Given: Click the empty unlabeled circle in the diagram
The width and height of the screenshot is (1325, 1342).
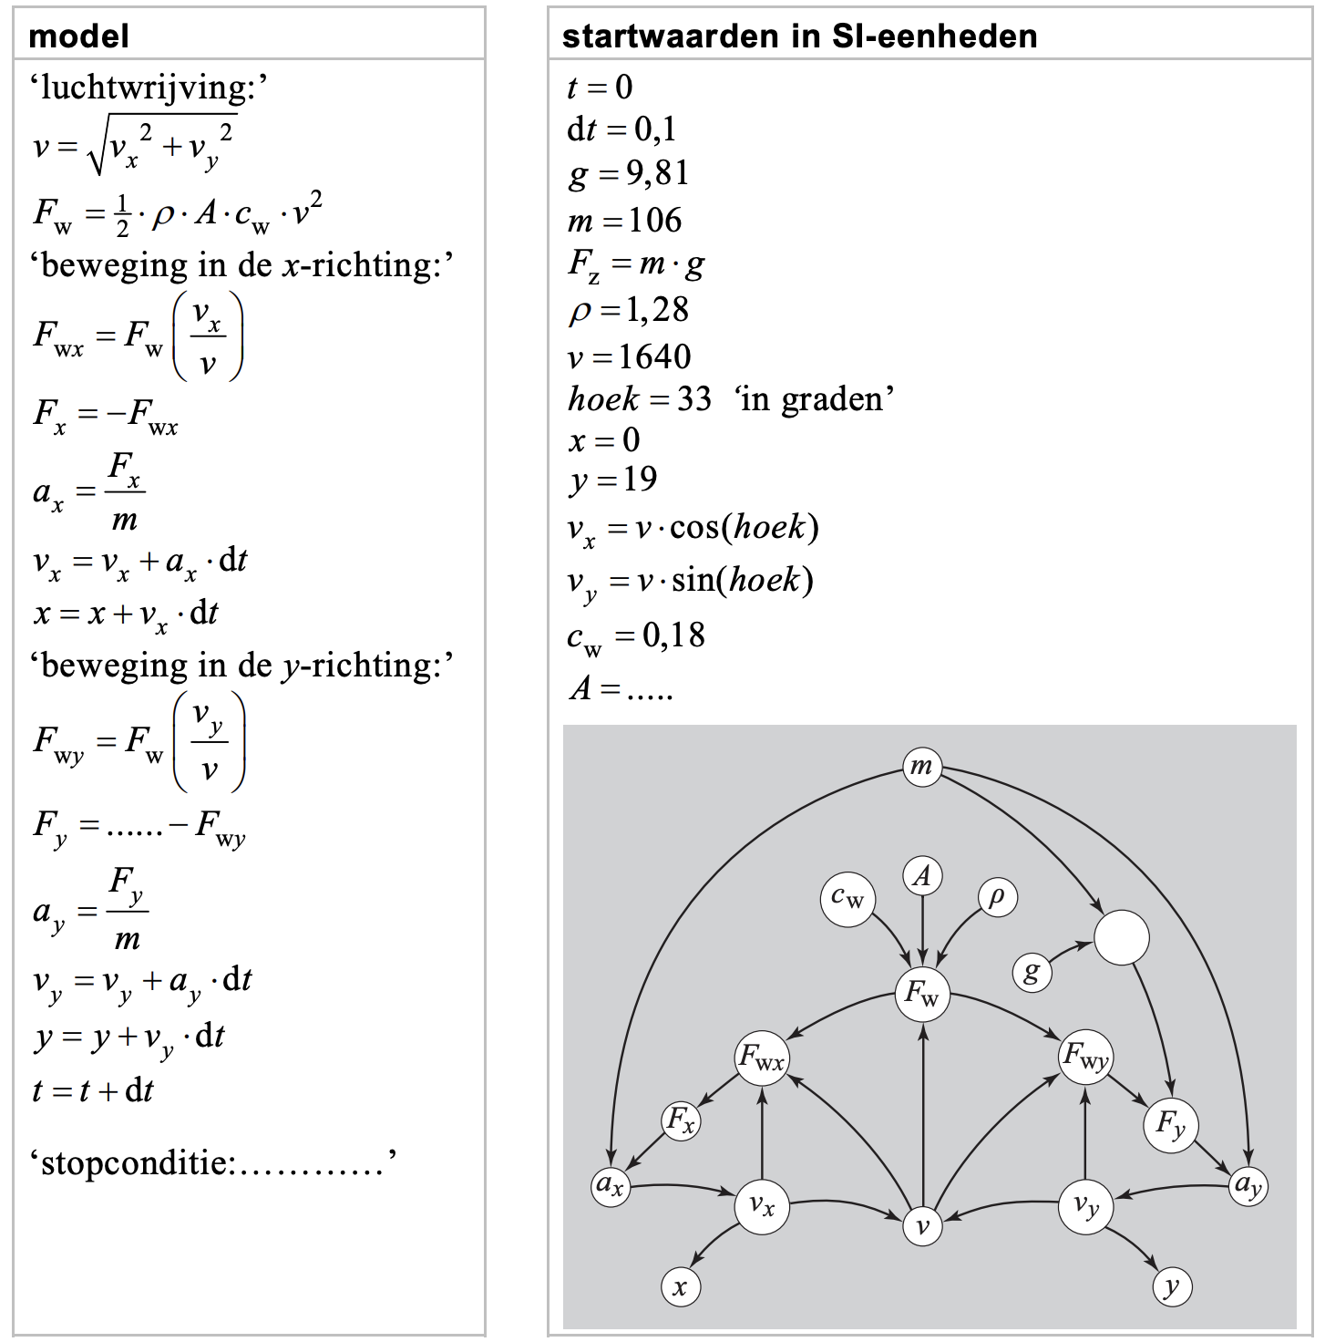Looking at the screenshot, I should (x=1121, y=938).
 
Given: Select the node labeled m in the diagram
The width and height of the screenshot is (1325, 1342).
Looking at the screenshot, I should (x=921, y=766).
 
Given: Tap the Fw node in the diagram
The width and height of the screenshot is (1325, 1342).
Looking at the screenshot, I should (x=922, y=994).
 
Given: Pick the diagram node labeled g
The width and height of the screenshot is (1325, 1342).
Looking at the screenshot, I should (x=1032, y=972).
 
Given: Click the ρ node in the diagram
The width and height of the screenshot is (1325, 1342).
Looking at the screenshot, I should (x=996, y=897).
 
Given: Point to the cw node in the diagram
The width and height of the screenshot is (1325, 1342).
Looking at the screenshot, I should (x=847, y=899).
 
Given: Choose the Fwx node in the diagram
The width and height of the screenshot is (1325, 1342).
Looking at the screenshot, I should (x=762, y=1058).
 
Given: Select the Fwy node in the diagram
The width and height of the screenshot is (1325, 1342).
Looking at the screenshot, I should (x=1084, y=1058).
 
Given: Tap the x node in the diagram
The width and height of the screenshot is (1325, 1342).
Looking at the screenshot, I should (x=680, y=1287).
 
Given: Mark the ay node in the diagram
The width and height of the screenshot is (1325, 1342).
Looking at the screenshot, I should (x=1248, y=1186).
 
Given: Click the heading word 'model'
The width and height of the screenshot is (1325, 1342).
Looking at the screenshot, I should (x=78, y=36).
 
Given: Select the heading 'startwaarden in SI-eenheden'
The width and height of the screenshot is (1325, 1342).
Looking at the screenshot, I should (x=799, y=36).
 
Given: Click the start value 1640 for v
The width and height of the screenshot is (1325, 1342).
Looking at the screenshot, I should (x=654, y=356).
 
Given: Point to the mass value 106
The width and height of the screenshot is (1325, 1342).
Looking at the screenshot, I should (x=654, y=221).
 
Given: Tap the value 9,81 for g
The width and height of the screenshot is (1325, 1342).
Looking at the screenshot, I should (x=656, y=173).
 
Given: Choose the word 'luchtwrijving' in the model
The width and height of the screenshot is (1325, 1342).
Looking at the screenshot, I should (x=145, y=88).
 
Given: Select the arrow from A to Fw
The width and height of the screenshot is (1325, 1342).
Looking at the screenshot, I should (x=922, y=930).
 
